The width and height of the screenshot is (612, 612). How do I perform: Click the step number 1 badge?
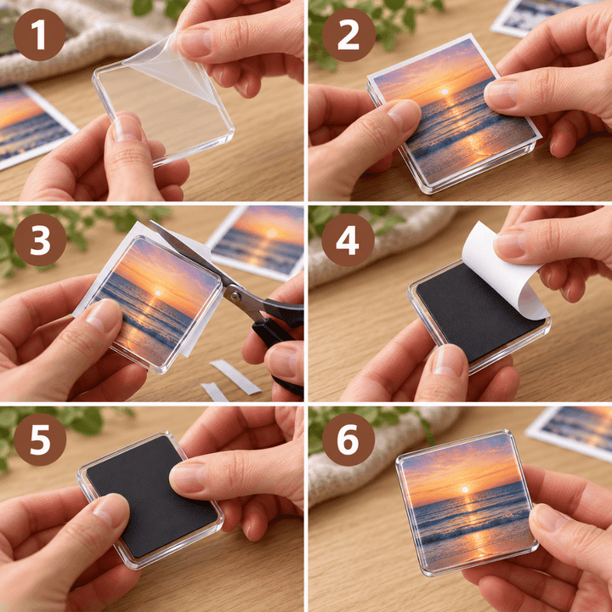(x=39, y=35)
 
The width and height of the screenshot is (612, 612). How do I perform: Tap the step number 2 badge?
(x=348, y=35)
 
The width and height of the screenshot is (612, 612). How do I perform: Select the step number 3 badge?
(x=40, y=240)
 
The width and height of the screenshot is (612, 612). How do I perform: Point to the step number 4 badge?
(x=348, y=240)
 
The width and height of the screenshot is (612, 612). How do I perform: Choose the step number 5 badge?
(x=40, y=439)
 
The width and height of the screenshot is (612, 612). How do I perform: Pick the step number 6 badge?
(x=348, y=439)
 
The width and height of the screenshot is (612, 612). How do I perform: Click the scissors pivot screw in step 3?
(x=235, y=293)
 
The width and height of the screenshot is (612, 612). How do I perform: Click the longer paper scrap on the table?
(x=235, y=377)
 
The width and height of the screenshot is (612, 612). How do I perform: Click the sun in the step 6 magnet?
(x=464, y=490)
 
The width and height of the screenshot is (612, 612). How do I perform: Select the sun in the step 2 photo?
(x=444, y=92)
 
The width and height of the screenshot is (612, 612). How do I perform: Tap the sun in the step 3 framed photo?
(x=158, y=292)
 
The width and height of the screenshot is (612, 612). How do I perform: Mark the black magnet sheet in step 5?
(x=151, y=496)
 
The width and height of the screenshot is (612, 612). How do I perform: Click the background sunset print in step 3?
(x=258, y=241)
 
